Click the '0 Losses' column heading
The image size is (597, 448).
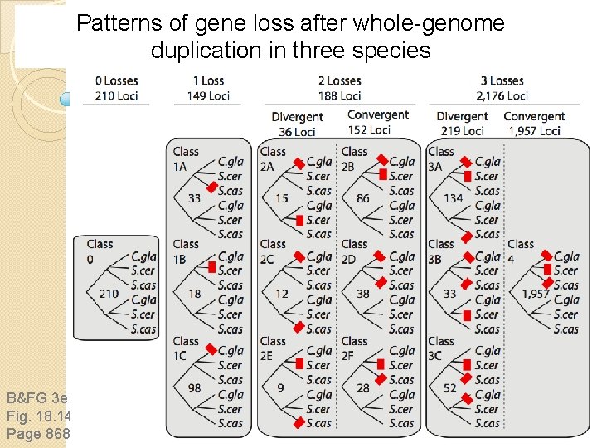coord(116,80)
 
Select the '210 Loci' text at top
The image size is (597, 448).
coord(116,95)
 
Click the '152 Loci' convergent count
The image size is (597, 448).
coord(368,130)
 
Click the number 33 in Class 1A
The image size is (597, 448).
coord(194,198)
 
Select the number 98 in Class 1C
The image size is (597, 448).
coord(194,388)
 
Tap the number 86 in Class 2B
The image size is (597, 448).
coord(362,198)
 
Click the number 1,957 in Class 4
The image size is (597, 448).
coord(535,294)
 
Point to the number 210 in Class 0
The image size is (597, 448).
coord(108,294)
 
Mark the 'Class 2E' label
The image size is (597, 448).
coord(273,348)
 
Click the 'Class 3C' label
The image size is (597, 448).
coord(441,348)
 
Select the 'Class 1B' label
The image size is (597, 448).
coord(186,251)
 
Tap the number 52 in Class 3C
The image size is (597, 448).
coord(449,388)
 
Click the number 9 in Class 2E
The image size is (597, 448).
coord(281,388)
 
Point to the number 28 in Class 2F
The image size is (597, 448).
coord(362,388)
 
